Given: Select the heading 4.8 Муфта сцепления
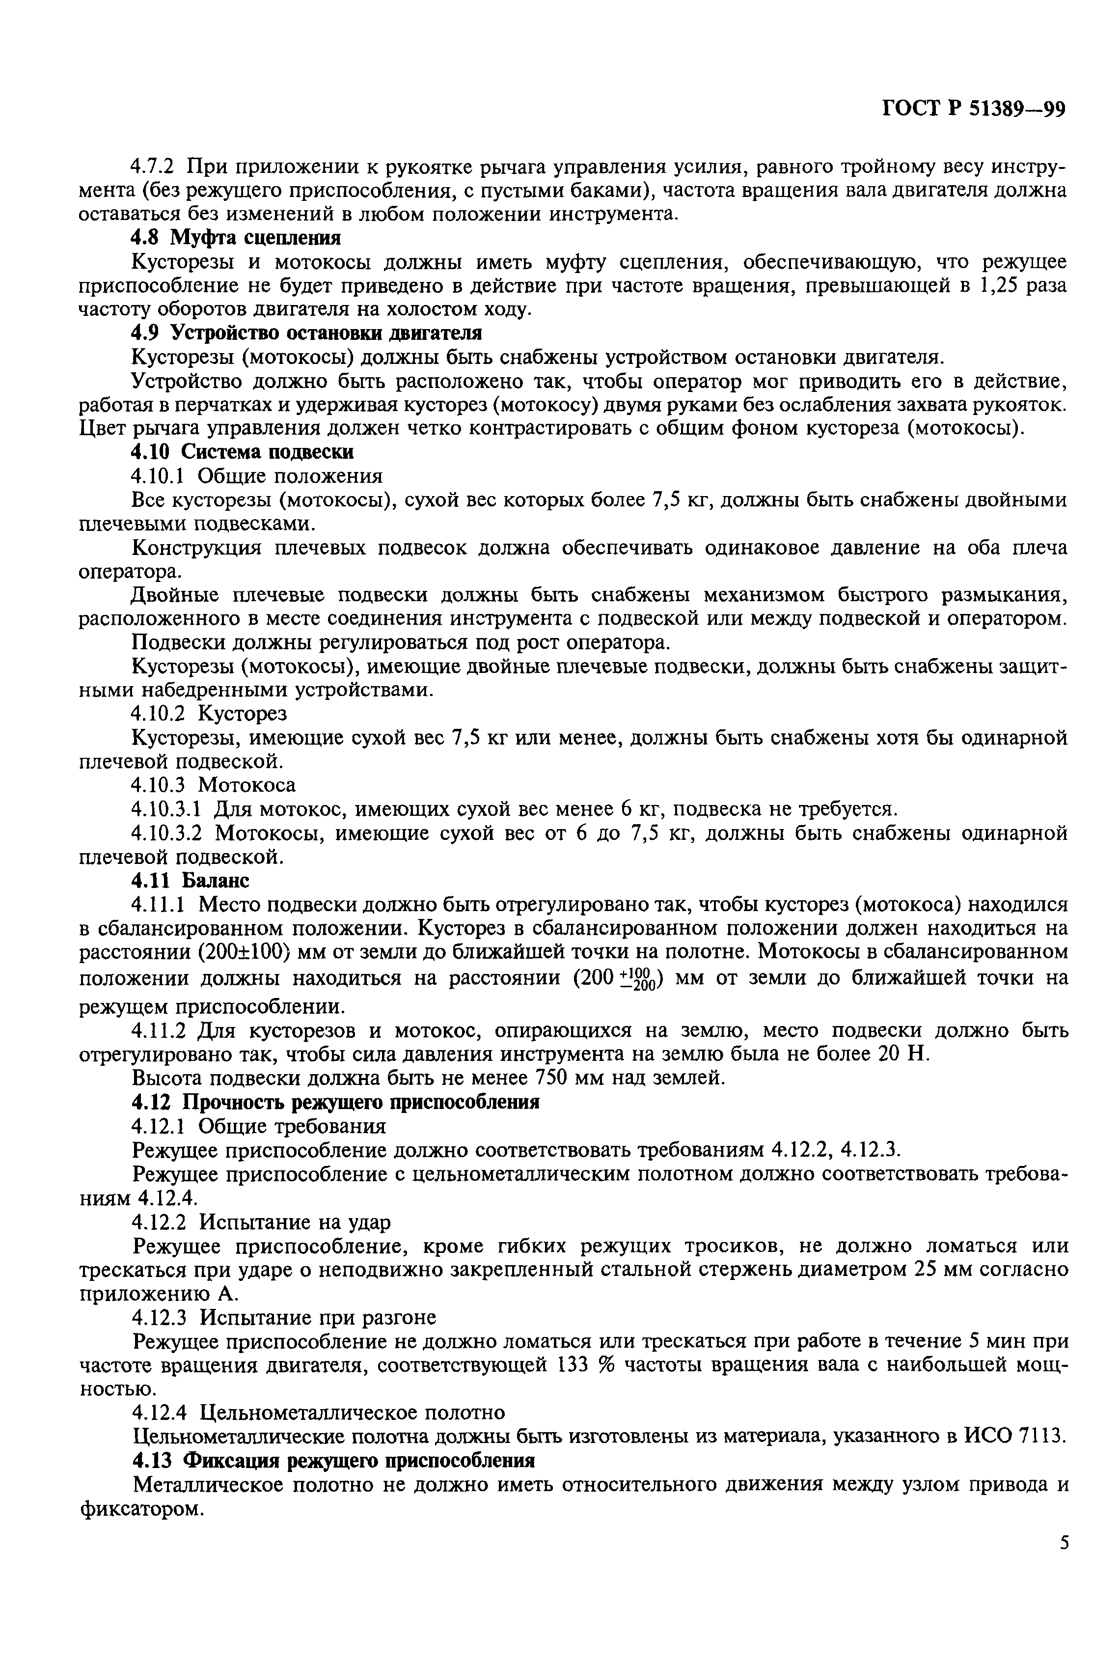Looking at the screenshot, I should (x=236, y=237).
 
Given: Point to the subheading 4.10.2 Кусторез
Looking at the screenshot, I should (x=209, y=714).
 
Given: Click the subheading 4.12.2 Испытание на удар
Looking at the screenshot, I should (x=261, y=1222).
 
